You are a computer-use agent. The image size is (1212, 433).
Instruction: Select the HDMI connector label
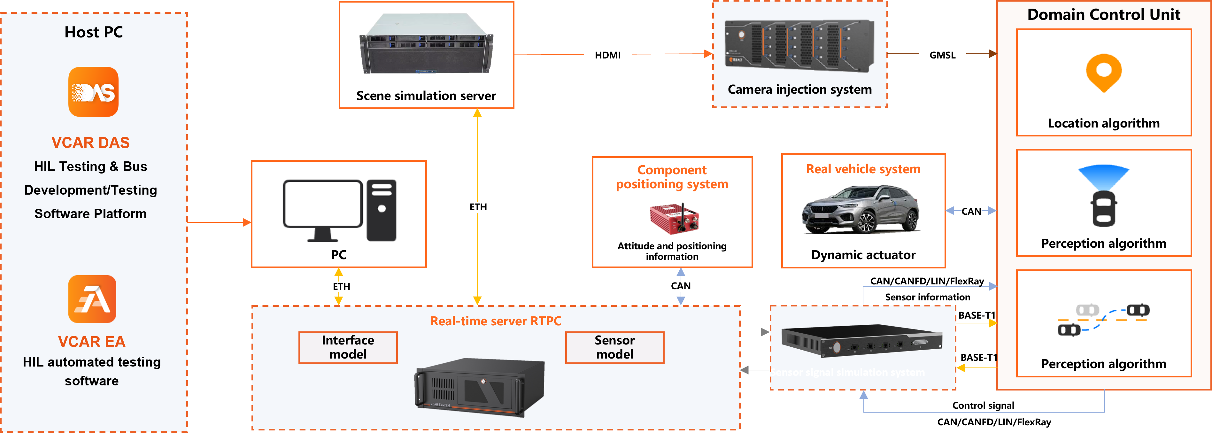(607, 55)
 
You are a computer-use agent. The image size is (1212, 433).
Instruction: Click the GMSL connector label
(942, 55)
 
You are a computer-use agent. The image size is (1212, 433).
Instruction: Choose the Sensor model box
(614, 347)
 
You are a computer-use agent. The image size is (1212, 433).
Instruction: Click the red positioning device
(674, 219)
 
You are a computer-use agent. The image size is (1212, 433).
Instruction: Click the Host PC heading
(94, 32)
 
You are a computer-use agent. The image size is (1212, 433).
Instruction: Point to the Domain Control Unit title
(1103, 15)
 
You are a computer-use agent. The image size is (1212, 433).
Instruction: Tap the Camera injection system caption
(799, 89)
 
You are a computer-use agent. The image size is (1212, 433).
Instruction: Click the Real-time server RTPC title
(495, 321)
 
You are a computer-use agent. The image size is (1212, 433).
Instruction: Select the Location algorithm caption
(1103, 123)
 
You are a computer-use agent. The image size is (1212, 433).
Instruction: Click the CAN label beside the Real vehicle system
(971, 211)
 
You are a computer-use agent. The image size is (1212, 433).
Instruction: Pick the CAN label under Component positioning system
(680, 286)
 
